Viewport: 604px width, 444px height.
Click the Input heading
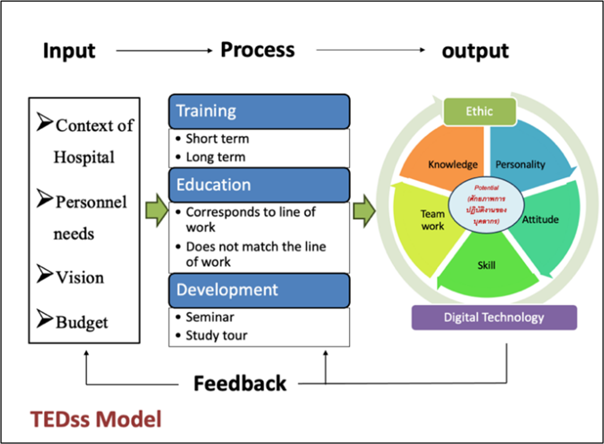pyautogui.click(x=69, y=51)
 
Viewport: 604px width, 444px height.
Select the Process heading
pyautogui.click(x=257, y=50)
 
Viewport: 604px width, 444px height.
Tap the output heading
pyautogui.click(x=475, y=51)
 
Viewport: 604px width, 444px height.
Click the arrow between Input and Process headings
pyautogui.click(x=164, y=51)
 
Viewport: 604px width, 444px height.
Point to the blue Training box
pyautogui.click(x=259, y=111)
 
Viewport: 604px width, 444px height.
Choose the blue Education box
pyautogui.click(x=259, y=184)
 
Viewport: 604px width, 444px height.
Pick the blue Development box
pyautogui.click(x=259, y=290)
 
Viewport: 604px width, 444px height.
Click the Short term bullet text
pyautogui.click(x=217, y=139)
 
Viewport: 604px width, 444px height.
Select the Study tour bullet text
pyautogui.click(x=216, y=336)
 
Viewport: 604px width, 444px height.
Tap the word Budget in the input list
pyautogui.click(x=82, y=322)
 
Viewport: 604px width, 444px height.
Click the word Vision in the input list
pyautogui.click(x=79, y=278)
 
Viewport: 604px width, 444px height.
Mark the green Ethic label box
pyautogui.click(x=479, y=111)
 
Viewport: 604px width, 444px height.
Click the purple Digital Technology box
pyautogui.click(x=494, y=317)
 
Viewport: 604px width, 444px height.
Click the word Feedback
pyautogui.click(x=240, y=384)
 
